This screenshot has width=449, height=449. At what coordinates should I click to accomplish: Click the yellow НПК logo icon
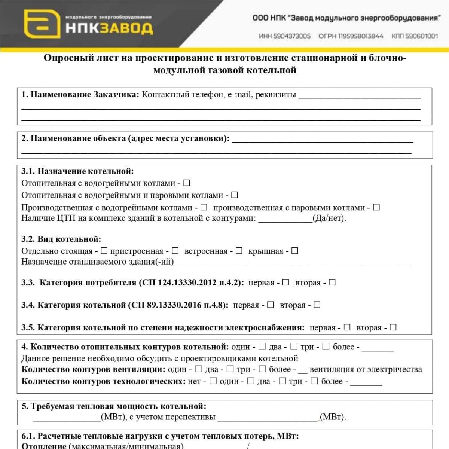[x=42, y=24]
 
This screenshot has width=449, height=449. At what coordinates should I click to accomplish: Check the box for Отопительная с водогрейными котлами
[x=187, y=183]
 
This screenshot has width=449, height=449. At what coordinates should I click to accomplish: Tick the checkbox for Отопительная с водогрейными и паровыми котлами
[x=235, y=195]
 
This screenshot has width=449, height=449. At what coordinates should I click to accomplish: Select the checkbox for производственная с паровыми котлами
[x=376, y=207]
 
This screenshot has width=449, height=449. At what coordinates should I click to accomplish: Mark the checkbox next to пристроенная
[x=175, y=251]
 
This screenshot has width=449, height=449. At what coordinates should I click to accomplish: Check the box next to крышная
[x=295, y=251]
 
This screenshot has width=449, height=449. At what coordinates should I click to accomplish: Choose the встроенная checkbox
[x=239, y=251]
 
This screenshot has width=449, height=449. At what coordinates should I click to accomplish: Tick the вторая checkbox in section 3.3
[x=332, y=282]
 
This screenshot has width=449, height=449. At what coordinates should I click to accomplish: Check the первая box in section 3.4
[x=271, y=305]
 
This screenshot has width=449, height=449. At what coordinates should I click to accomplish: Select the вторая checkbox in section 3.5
[x=393, y=327]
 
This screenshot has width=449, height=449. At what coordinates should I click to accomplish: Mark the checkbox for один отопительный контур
[x=262, y=347]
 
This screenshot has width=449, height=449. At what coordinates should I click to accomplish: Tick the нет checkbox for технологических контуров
[x=213, y=381]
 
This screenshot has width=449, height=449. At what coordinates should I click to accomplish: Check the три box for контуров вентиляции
[x=262, y=369]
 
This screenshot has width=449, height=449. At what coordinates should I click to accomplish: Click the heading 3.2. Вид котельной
[x=61, y=239]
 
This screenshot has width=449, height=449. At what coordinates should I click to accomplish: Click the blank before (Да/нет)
[x=285, y=219]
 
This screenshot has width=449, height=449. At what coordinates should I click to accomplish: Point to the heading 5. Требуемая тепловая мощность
[x=114, y=406]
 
